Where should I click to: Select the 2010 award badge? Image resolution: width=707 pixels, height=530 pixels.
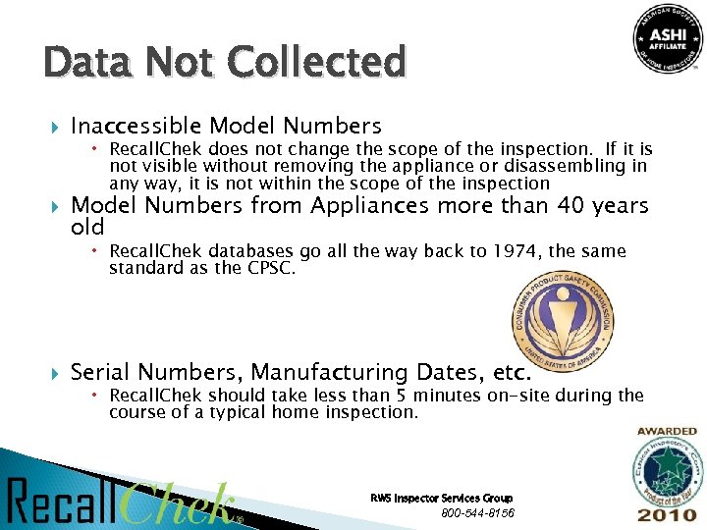(x=667, y=477)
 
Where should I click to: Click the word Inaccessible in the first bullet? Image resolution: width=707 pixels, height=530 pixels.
(x=136, y=127)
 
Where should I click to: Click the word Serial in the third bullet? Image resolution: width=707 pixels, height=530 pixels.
(x=101, y=373)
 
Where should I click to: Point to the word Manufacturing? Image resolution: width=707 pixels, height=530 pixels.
(x=331, y=373)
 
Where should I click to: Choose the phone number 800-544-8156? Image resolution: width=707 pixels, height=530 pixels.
(x=477, y=513)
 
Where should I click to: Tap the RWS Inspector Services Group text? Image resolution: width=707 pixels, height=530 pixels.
(x=441, y=499)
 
